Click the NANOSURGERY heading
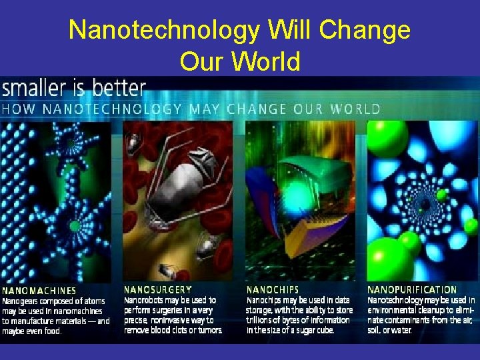point(158,290)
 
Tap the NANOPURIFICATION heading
point(412,290)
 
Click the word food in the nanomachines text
point(51,331)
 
